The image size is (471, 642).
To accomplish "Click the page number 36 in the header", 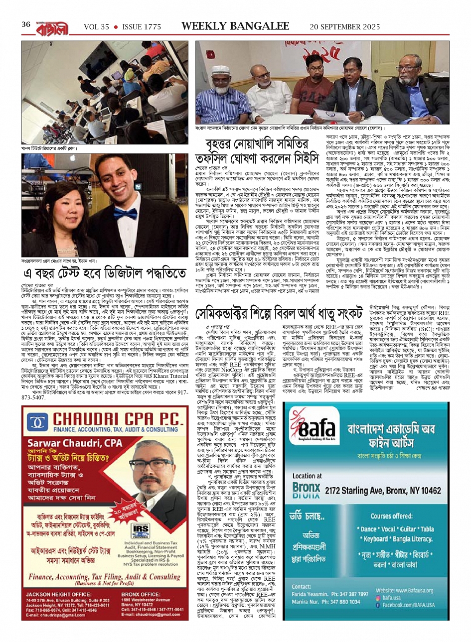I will point(26,25).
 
